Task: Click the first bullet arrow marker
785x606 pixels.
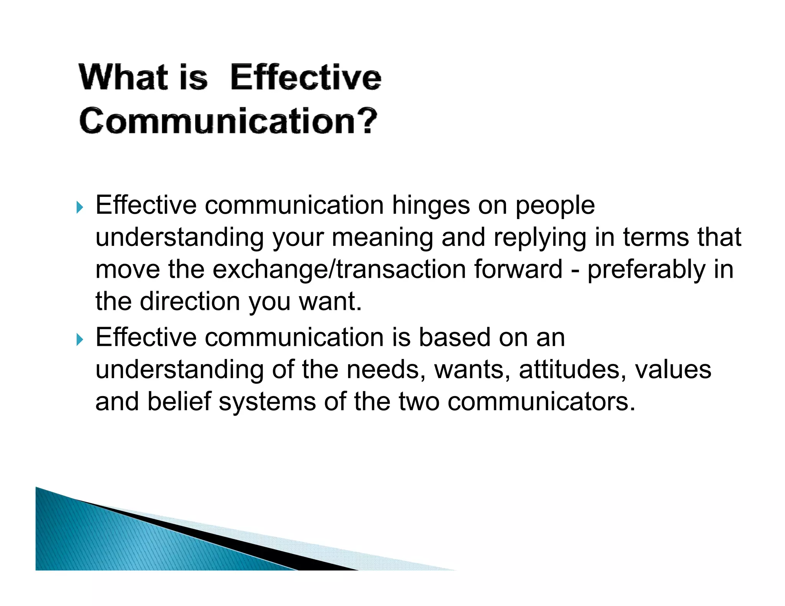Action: tap(79, 208)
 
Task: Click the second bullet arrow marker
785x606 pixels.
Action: tap(79, 339)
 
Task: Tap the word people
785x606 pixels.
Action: tap(555, 206)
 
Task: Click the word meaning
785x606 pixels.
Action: tap(382, 238)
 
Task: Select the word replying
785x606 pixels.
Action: tap(540, 238)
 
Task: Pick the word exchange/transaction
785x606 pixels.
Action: tap(339, 270)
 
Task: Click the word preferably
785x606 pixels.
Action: tap(646, 270)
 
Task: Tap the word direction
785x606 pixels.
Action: tap(190, 301)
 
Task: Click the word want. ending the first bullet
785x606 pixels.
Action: tap(330, 301)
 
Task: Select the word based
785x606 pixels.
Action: tap(454, 338)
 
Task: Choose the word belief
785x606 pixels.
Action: tap(179, 402)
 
